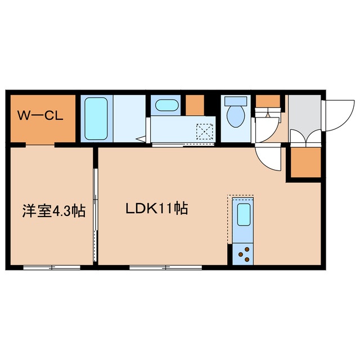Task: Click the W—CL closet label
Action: point(40,115)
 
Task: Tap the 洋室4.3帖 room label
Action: point(54,211)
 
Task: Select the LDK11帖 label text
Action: point(157,208)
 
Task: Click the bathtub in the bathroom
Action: point(96,119)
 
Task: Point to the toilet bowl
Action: point(236,116)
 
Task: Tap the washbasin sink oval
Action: point(166,105)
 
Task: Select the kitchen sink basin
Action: point(244,214)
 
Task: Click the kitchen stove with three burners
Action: point(243,254)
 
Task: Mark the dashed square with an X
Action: point(205,132)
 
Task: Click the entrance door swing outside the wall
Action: point(339,115)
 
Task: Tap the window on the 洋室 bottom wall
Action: point(52,268)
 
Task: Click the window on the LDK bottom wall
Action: point(166,268)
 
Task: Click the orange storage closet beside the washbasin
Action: point(195,105)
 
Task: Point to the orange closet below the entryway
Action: point(305,163)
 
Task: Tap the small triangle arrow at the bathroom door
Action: point(141,139)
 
